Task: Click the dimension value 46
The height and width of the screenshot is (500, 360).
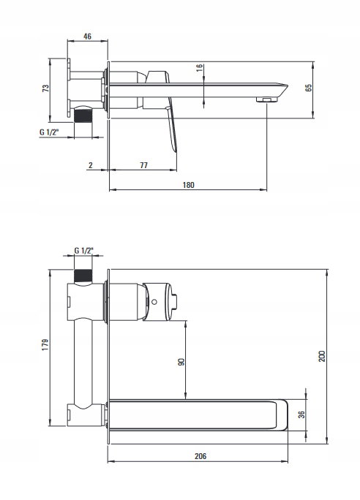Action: point(87,37)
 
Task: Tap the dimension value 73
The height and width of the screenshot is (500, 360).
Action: point(45,88)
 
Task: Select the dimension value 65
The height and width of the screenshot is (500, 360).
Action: point(308,88)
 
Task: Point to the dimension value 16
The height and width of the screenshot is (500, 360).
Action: point(200,68)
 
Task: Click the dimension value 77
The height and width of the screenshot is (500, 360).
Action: point(144,165)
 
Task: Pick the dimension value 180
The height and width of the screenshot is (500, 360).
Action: point(188,185)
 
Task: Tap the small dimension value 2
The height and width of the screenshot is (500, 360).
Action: point(91,165)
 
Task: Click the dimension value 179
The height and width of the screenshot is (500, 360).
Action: point(45,345)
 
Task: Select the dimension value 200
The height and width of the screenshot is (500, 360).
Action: point(322,356)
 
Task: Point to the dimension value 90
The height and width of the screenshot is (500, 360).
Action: point(181,362)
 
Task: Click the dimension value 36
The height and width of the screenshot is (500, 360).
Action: point(301,414)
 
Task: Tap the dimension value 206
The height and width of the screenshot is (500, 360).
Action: point(200,456)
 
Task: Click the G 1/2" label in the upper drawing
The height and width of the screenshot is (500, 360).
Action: point(49,132)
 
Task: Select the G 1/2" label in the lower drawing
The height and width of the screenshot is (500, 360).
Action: point(84,251)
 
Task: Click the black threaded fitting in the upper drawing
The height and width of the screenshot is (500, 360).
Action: point(83,115)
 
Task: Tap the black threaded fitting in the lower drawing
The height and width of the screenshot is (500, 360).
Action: point(83,276)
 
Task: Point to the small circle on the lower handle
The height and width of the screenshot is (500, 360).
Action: point(154,302)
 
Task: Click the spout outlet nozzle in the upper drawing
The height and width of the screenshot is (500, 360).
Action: point(267,100)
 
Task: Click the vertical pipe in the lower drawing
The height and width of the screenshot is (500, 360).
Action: point(83,363)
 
